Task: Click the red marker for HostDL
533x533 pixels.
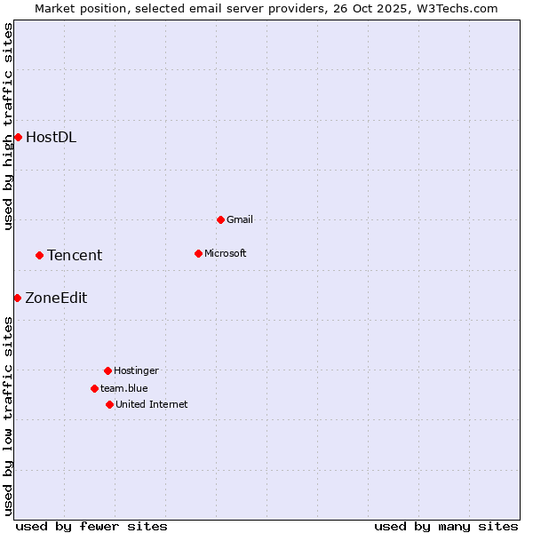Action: (18, 137)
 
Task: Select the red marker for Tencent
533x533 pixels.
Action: (39, 255)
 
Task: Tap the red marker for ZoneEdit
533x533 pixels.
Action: (17, 298)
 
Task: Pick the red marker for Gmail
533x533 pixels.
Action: (220, 219)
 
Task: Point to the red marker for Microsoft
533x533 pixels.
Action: (198, 253)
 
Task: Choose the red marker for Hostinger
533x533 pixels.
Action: (107, 370)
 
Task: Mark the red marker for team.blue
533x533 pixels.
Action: (94, 388)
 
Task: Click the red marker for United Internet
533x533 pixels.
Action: (109, 404)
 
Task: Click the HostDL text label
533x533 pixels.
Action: (51, 137)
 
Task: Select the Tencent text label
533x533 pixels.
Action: (75, 255)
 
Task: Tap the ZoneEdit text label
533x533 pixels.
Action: (56, 298)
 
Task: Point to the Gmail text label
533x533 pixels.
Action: (240, 219)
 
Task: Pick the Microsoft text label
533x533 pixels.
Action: (225, 253)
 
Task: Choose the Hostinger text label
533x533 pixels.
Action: (136, 370)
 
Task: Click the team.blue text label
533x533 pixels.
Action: (123, 388)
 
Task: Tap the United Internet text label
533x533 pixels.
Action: (151, 404)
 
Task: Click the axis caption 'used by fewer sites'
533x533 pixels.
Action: (91, 526)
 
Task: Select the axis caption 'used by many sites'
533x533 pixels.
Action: (446, 526)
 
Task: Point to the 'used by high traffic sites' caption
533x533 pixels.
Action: (8, 126)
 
